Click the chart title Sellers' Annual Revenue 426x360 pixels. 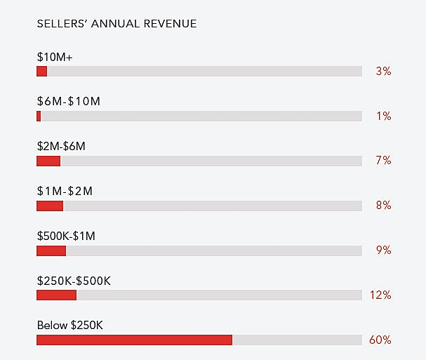pos(117,24)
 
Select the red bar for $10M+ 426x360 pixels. pos(42,71)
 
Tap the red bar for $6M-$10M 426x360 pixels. pos(39,116)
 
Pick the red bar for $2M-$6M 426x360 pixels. pos(48,161)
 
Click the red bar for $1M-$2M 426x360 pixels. pos(50,206)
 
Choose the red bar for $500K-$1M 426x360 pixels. pos(51,251)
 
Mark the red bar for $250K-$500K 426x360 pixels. pos(56,295)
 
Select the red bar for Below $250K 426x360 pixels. pos(134,340)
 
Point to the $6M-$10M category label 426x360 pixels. pos(68,101)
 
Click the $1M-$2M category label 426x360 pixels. pos(65,191)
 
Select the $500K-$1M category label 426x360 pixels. pos(66,236)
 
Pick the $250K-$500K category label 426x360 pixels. pos(74,281)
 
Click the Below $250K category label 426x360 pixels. pos(70,326)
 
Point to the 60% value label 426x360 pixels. pos(380,340)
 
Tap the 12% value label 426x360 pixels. pos(380,295)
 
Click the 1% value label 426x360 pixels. pos(383,116)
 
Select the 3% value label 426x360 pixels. pos(383,71)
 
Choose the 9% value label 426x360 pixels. pos(383,251)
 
